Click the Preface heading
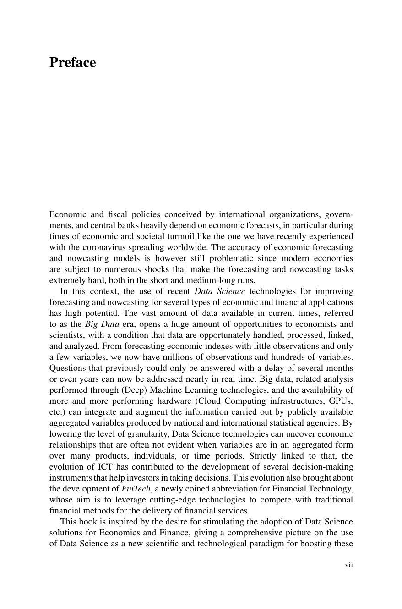coord(72,63)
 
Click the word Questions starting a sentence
coord(67,368)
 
